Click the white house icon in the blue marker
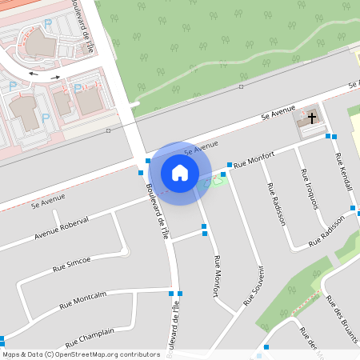click(x=180, y=172)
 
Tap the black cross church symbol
click(x=310, y=118)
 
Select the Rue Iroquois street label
click(x=309, y=189)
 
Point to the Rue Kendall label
click(x=345, y=171)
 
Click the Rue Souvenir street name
click(x=254, y=284)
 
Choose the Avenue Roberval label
click(x=62, y=228)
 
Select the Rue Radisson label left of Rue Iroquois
click(x=278, y=205)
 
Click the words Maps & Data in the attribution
click(x=22, y=354)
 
